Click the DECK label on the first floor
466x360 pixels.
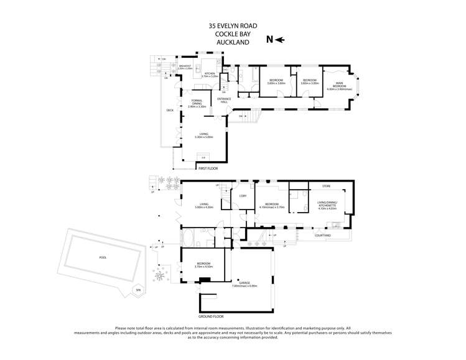[169, 111]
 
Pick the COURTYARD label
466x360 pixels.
[322, 236]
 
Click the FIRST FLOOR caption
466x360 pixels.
[208, 168]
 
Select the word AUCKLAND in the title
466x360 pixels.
[233, 42]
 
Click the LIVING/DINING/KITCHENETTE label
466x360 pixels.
[327, 206]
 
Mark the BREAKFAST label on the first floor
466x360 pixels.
[185, 66]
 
